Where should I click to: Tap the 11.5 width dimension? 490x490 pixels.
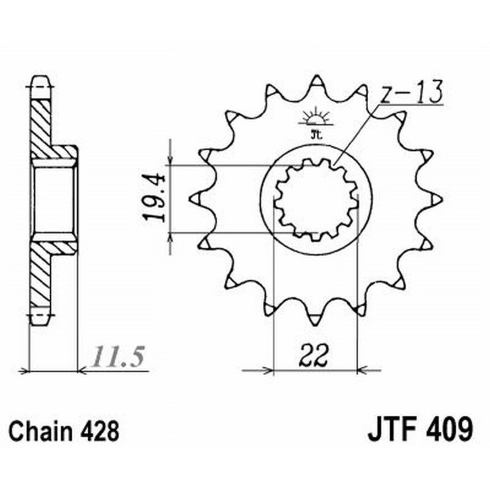point(118,356)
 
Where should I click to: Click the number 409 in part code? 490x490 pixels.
point(449,429)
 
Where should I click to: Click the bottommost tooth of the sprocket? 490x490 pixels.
point(316,318)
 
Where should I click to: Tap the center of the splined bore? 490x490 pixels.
point(315,199)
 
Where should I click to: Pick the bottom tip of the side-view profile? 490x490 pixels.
point(41,318)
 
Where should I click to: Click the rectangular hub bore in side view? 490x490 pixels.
point(54,199)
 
